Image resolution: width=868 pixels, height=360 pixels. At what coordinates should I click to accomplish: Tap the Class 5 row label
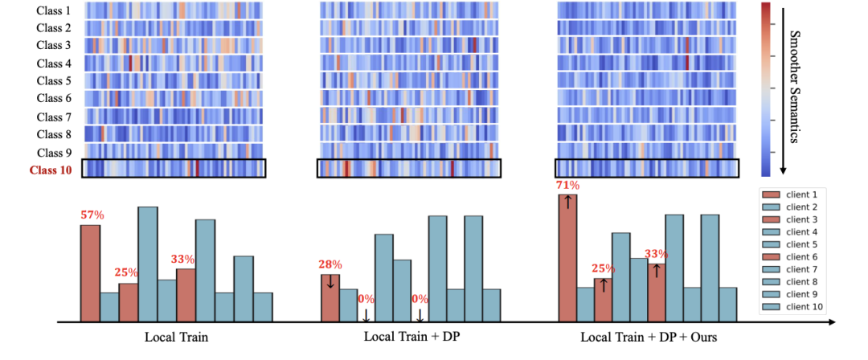click(x=55, y=80)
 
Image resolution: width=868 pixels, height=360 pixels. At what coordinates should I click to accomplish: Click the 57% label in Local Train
click(x=91, y=215)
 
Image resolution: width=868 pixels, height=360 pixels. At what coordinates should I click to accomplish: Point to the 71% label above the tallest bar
click(x=568, y=185)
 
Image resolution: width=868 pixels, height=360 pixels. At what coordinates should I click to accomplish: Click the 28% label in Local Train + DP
click(x=330, y=264)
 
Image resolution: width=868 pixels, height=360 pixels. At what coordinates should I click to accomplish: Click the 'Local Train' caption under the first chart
click(x=177, y=336)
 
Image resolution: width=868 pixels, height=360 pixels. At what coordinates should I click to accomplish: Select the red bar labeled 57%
click(x=91, y=273)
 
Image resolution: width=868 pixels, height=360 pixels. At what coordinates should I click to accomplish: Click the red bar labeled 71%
click(x=568, y=259)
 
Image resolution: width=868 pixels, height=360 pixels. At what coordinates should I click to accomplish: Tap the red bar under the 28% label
click(x=330, y=298)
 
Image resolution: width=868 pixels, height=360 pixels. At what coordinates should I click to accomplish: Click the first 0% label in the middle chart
click(x=366, y=299)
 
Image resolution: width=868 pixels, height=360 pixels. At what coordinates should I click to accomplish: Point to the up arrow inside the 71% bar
click(x=568, y=202)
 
